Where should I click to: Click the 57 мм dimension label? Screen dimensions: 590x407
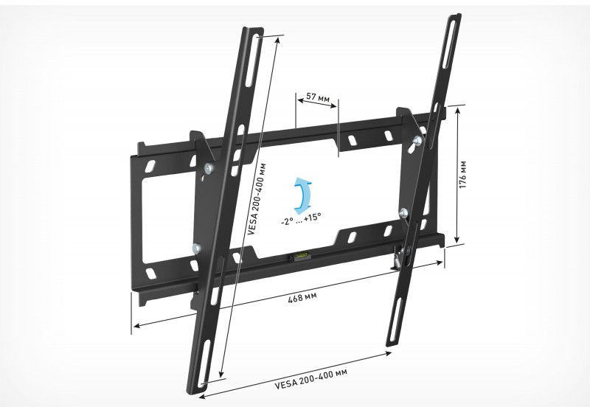318,97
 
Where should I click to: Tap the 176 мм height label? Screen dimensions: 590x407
463,175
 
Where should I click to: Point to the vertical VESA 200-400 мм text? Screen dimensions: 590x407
257,199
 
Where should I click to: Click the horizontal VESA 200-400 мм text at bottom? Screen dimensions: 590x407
311,379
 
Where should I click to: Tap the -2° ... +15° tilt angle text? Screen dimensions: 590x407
301,218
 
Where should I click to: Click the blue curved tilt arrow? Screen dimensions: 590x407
303,194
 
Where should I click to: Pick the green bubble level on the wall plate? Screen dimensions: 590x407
300,257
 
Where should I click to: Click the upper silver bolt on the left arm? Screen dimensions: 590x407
209,169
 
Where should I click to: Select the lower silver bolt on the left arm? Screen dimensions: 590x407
196,248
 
